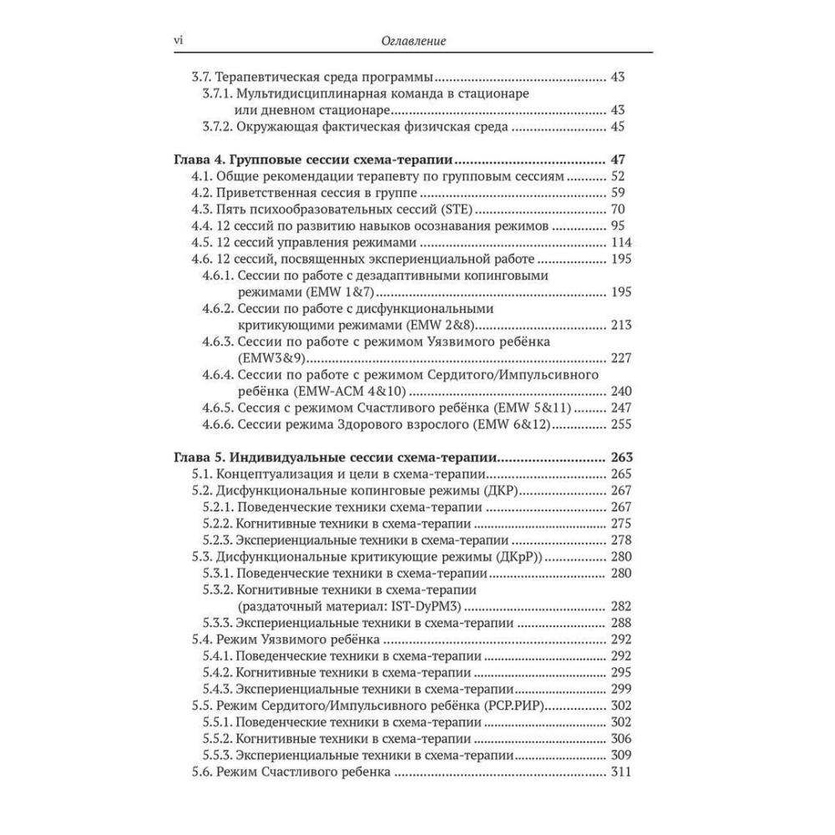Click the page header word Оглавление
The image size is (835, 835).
pos(411,39)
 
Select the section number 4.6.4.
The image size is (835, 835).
pos(219,375)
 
